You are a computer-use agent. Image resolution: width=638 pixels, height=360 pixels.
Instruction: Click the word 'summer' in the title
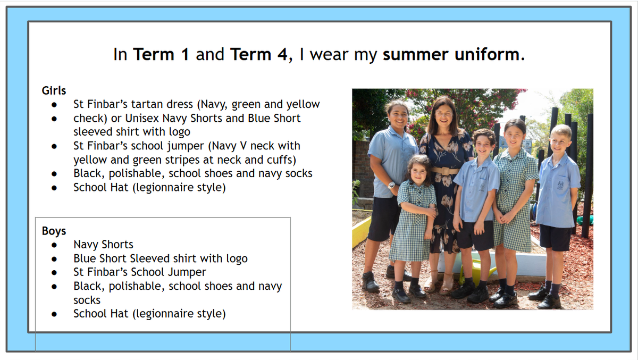coord(415,54)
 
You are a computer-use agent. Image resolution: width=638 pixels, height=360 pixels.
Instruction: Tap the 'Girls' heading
coord(54,90)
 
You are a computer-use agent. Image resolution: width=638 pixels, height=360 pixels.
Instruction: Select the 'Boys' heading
coord(54,231)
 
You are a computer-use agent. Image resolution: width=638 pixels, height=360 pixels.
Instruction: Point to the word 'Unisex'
coord(142,118)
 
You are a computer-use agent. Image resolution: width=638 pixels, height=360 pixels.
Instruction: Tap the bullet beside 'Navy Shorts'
coord(54,245)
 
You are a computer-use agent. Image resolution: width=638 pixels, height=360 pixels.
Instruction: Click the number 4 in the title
coord(282,54)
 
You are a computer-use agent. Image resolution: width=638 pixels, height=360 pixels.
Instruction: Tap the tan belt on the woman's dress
coord(445,171)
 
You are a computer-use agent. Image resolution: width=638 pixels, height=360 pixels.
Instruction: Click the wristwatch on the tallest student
coord(392,185)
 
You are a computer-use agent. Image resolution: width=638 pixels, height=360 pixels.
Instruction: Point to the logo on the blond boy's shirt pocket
coord(560,185)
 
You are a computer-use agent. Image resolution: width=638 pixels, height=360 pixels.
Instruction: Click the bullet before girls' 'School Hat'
coord(54,188)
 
